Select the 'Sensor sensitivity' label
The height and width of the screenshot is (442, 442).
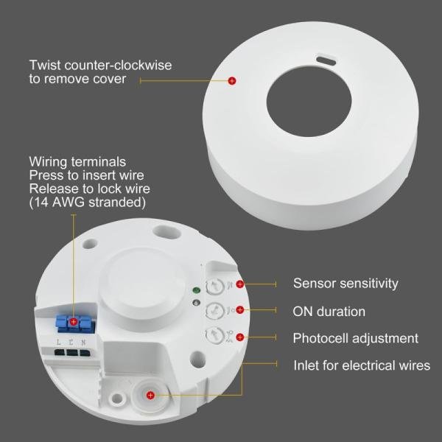pyautogui.click(x=345, y=283)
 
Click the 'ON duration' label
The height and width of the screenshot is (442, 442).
pyautogui.click(x=329, y=311)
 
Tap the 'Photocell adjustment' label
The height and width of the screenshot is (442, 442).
pyautogui.click(x=356, y=338)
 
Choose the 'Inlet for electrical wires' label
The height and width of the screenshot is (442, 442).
pyautogui.click(x=362, y=365)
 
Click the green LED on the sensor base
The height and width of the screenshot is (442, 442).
pyautogui.click(x=194, y=290)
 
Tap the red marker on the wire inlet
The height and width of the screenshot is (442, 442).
pyautogui.click(x=150, y=396)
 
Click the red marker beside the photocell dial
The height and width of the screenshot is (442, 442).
pyautogui.click(x=240, y=338)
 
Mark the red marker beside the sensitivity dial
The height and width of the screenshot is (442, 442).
pyautogui.click(x=240, y=283)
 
